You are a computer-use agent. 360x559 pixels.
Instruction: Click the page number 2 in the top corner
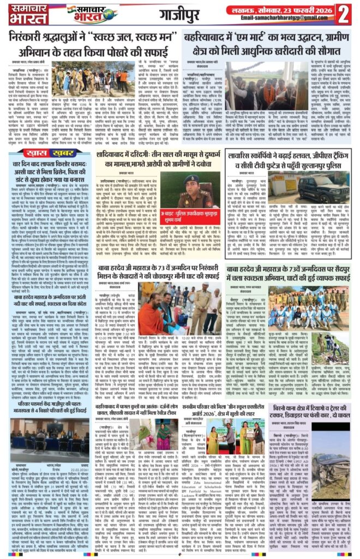click(x=343, y=14)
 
